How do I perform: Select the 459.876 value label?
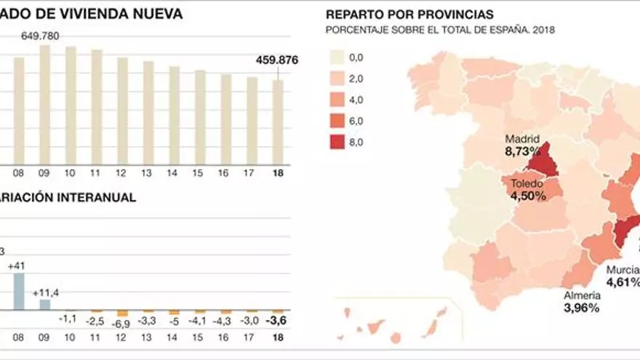click(277, 60)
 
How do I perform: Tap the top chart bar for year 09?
click(44, 105)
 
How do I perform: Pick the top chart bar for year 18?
click(278, 122)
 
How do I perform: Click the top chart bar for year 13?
click(148, 113)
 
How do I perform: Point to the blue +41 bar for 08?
click(19, 292)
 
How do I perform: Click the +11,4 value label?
click(45, 292)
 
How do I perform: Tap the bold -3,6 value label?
click(278, 319)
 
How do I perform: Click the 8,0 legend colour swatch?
click(337, 142)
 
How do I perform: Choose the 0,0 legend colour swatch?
click(337, 57)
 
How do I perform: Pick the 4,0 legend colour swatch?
click(337, 100)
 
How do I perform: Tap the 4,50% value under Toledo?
click(528, 196)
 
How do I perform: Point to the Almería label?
click(582, 295)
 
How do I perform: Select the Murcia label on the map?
click(623, 270)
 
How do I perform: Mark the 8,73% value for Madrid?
click(522, 151)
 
